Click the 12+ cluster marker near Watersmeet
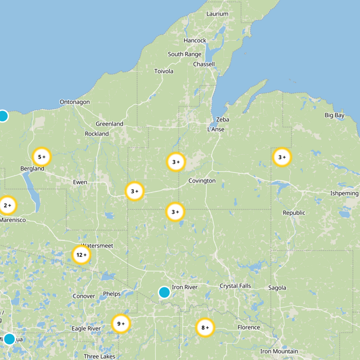pyautogui.click(x=81, y=255)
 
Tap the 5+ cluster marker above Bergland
pyautogui.click(x=42, y=157)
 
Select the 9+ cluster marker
pyautogui.click(x=121, y=324)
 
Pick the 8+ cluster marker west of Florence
pyautogui.click(x=205, y=328)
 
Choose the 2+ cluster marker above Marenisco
pyautogui.click(x=7, y=205)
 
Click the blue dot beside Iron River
pyautogui.click(x=164, y=292)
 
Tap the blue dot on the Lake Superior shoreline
pyautogui.click(x=3, y=116)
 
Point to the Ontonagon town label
pyautogui.click(x=75, y=102)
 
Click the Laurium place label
pyautogui.click(x=217, y=14)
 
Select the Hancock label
pyautogui.click(x=195, y=40)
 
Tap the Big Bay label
pyautogui.click(x=334, y=116)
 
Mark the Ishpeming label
pyautogui.click(x=344, y=193)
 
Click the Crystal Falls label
pyautogui.click(x=235, y=286)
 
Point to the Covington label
pyautogui.click(x=202, y=181)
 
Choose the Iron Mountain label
pyautogui.click(x=279, y=351)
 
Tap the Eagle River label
pyautogui.click(x=86, y=329)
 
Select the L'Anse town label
pyautogui.click(x=216, y=130)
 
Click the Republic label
pyautogui.click(x=294, y=213)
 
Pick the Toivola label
pyautogui.click(x=164, y=72)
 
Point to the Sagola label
pyautogui.click(x=277, y=288)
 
